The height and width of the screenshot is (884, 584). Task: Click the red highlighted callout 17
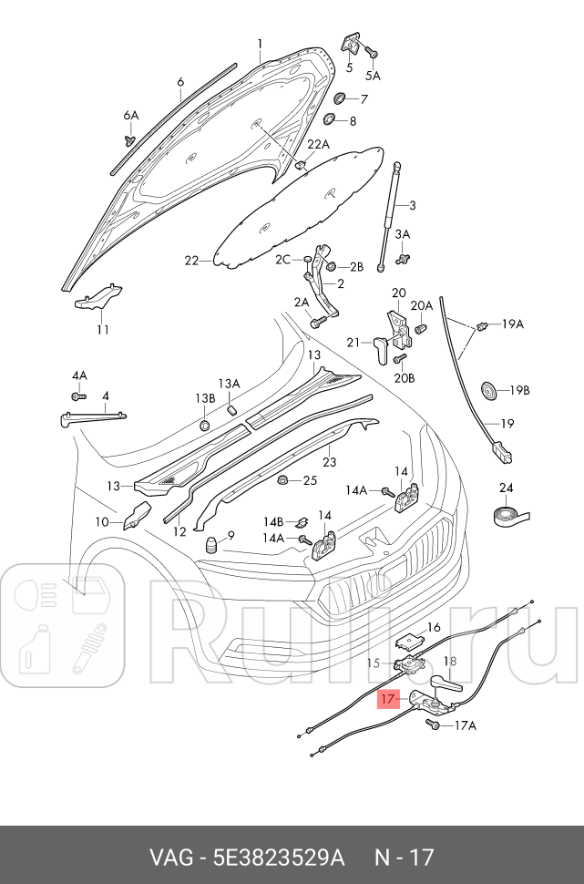(x=388, y=699)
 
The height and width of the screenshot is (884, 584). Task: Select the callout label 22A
(x=318, y=145)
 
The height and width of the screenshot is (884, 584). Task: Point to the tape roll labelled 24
(x=506, y=517)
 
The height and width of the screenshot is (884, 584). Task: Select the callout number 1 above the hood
(x=259, y=44)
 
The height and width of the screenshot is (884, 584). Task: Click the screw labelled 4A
(x=77, y=397)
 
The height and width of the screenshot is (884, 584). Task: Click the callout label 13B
(x=204, y=399)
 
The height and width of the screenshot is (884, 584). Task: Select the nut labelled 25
(x=283, y=480)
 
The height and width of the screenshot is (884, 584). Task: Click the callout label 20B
(x=405, y=377)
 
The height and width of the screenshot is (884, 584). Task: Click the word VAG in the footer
(x=169, y=857)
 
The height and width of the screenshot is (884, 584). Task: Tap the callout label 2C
(x=283, y=260)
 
